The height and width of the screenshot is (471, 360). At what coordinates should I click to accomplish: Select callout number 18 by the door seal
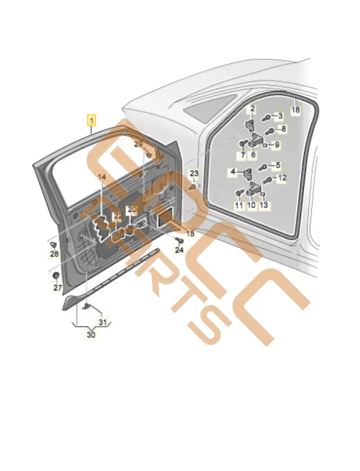point(295,110)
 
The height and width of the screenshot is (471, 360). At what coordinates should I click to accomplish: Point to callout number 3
point(232,173)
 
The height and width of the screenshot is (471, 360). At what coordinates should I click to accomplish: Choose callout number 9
point(277,145)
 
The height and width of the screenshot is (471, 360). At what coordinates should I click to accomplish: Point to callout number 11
point(239,206)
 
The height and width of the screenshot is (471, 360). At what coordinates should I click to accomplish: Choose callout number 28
point(55,254)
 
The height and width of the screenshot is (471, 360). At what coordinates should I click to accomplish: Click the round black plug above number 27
point(55,275)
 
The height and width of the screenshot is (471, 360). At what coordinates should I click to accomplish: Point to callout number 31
point(102,323)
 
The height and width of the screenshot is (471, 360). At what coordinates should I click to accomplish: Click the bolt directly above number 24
point(179,241)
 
